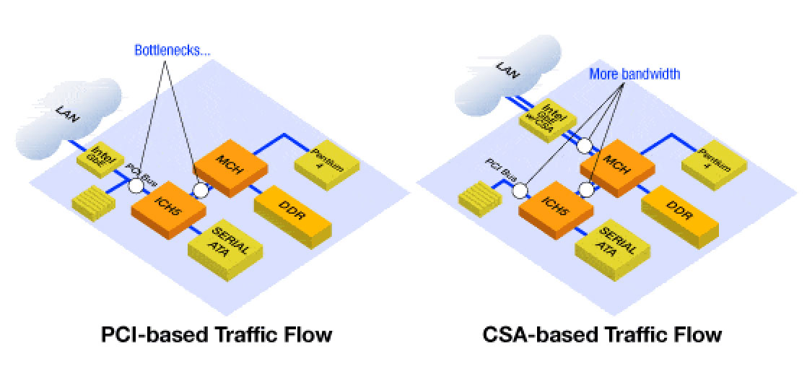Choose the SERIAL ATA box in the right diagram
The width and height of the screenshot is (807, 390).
[614, 247]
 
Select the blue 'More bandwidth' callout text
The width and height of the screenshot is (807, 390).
[634, 74]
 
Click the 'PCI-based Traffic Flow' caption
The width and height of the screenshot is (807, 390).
[216, 335]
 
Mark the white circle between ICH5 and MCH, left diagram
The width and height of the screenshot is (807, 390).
[200, 191]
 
